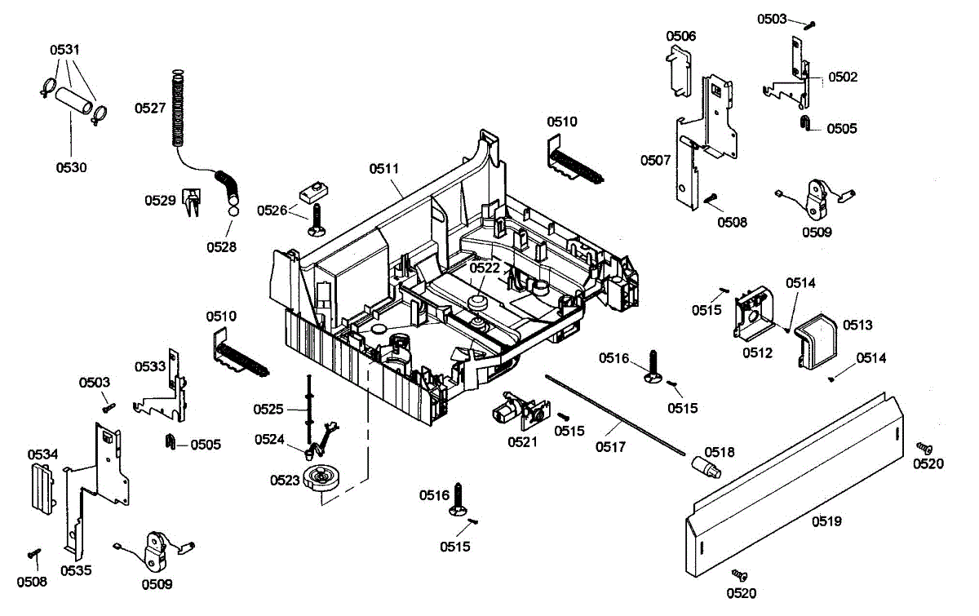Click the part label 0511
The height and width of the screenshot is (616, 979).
[x=384, y=169]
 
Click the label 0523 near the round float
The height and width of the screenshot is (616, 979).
[x=286, y=480]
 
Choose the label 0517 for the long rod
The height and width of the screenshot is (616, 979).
[x=610, y=446]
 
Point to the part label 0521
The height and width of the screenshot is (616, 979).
[x=523, y=441]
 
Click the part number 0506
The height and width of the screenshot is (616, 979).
[x=680, y=36]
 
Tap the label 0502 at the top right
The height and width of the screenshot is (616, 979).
[x=843, y=77]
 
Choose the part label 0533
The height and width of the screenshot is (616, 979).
[x=150, y=367]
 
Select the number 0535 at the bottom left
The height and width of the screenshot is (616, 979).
[x=76, y=570]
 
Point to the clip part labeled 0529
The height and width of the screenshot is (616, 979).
[x=192, y=202]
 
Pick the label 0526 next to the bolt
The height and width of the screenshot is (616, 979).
[x=272, y=211]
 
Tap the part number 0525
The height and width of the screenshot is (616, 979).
[x=268, y=409]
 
